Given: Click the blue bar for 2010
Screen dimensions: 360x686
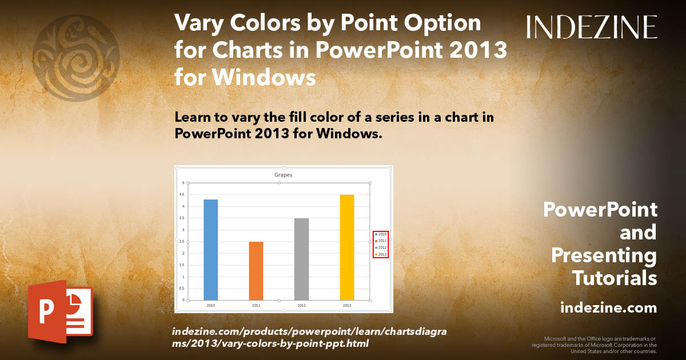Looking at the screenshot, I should click(x=210, y=249).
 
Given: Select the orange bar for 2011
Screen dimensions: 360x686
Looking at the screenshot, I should click(x=256, y=271).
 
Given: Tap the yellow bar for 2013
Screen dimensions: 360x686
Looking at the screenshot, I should click(x=347, y=247).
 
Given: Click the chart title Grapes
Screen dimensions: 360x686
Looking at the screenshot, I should click(x=283, y=175).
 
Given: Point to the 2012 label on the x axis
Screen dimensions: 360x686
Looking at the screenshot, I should click(x=301, y=306).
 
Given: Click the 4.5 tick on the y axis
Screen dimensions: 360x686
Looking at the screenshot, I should click(x=183, y=194).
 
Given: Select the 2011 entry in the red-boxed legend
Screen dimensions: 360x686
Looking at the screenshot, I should click(x=381, y=241).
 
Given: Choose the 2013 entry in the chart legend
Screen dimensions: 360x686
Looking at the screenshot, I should click(x=381, y=254).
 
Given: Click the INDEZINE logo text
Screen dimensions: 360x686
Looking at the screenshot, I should click(x=591, y=27).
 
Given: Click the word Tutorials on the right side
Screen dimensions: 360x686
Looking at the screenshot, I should click(x=615, y=278).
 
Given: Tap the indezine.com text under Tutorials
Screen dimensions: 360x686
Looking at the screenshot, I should click(x=608, y=308).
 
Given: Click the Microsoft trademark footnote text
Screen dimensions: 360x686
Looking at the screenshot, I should click(x=595, y=345).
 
